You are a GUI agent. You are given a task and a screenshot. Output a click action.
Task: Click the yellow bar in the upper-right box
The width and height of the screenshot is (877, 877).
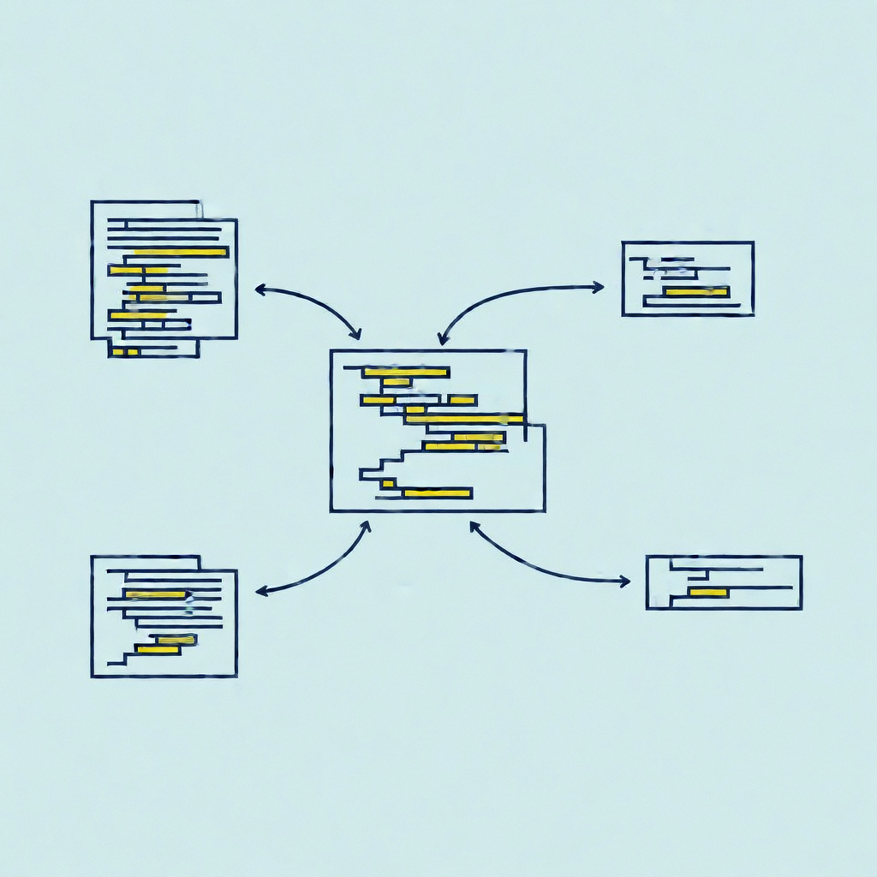coord(695,292)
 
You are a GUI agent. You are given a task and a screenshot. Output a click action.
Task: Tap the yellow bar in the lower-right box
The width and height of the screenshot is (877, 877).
coord(708,593)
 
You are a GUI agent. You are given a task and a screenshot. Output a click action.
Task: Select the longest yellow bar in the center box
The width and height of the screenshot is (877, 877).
coord(464,419)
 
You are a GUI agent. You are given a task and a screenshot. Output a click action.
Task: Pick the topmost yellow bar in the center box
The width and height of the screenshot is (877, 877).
coord(406,372)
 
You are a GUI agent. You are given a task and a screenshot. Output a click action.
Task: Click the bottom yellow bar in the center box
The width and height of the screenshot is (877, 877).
coord(437,492)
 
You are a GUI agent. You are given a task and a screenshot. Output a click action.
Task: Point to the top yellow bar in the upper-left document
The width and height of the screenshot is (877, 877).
coord(182,252)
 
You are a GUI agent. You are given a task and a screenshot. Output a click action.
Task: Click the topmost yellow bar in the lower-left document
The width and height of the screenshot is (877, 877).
coord(156,594)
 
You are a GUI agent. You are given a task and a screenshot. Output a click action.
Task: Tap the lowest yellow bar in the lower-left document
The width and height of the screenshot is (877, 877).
coord(158,650)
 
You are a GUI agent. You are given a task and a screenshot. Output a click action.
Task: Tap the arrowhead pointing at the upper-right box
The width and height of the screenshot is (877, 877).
coord(599,288)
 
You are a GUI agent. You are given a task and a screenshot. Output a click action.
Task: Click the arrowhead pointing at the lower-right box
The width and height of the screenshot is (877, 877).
coord(624,582)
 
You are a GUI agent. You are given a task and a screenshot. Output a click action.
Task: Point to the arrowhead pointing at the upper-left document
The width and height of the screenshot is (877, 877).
coord(260,290)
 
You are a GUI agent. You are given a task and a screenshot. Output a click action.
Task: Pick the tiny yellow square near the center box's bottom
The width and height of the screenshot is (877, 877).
coord(388,483)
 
